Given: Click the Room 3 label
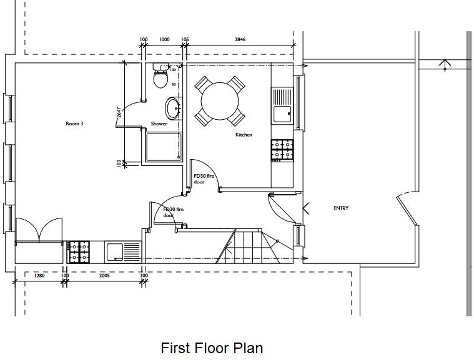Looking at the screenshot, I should [74, 124].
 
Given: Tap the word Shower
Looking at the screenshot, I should [159, 124].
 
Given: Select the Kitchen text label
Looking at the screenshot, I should [244, 135].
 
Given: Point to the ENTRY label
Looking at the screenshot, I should [341, 208].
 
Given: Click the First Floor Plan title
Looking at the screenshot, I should [212, 348].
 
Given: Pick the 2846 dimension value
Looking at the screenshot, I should [240, 39].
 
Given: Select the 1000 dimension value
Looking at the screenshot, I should [164, 39].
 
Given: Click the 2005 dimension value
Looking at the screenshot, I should [104, 275].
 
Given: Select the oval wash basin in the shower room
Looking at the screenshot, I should [173, 108].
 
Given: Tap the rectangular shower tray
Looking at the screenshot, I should [164, 147].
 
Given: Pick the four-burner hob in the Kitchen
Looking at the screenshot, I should [282, 150].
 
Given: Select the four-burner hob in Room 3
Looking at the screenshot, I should [79, 251].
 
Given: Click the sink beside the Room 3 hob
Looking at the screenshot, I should [124, 251].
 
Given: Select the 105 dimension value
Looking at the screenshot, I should [185, 39].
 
